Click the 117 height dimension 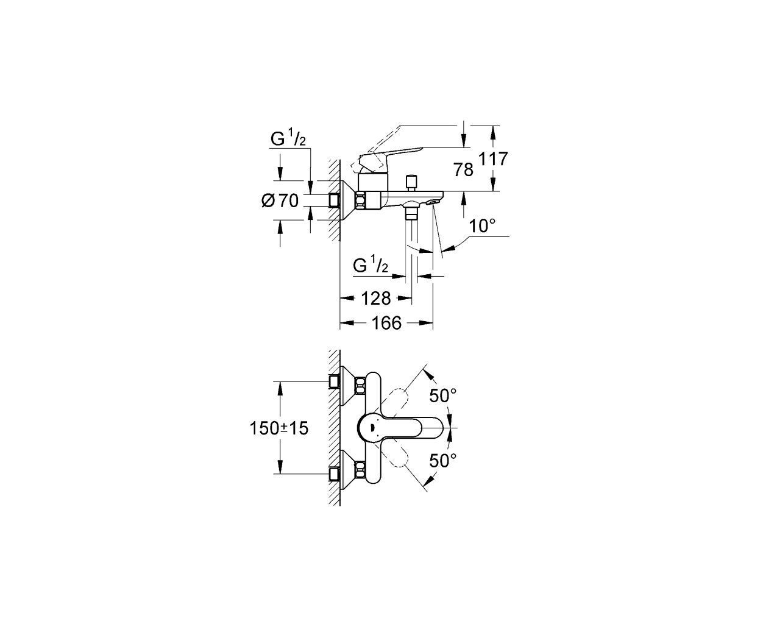493,159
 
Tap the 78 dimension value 463,169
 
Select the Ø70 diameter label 280,200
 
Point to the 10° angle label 482,227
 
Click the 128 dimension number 376,299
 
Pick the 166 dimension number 386,323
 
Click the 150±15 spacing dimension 279,428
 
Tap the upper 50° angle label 443,395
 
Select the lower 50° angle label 443,461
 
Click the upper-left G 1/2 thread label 288,138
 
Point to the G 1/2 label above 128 371,266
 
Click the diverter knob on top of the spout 410,183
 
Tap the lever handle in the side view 391,160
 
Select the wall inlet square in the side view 333,200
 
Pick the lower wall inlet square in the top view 333,473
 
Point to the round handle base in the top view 371,428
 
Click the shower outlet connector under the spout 410,213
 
